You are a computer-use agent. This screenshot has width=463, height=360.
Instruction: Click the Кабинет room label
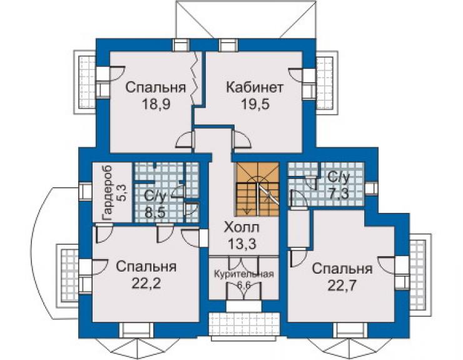point(255,88)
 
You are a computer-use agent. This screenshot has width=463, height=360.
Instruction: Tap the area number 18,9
point(156,104)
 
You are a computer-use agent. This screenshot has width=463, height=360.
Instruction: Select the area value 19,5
point(255,104)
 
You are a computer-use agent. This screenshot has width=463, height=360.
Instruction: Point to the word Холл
point(242,228)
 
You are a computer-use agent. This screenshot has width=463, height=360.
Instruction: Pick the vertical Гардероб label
point(107,193)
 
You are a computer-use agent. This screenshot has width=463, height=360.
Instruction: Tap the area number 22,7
point(342,285)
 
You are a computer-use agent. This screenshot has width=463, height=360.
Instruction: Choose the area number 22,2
point(146,284)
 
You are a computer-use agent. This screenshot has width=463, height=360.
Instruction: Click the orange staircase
point(257,189)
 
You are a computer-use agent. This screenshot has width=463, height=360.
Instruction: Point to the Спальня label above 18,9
point(156,88)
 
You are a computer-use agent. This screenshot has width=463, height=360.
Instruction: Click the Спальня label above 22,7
point(342,269)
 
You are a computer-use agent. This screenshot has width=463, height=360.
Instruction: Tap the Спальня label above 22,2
point(146,267)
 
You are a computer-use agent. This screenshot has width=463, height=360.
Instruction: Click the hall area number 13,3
point(242,244)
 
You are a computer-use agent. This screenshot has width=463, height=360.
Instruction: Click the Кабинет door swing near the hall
point(242,139)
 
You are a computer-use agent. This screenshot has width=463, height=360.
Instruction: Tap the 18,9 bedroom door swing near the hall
point(185,139)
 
